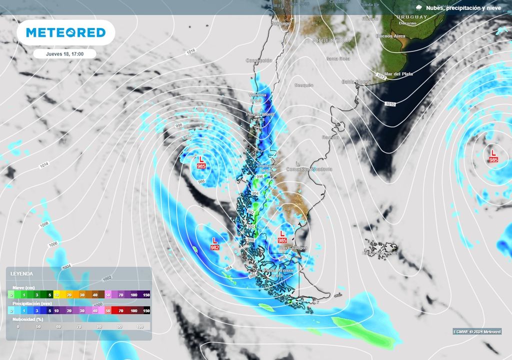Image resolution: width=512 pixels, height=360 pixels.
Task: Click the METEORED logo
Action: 65,32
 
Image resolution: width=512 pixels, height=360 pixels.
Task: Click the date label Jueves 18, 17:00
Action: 65,54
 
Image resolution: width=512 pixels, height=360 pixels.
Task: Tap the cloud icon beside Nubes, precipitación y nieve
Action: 418,7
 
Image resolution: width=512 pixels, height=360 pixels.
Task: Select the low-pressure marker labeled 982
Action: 215,243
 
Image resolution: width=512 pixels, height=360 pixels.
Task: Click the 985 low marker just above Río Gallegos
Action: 282,236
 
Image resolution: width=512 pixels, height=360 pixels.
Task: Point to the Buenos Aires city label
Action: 390,36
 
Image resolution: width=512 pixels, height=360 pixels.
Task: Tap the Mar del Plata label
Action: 398,74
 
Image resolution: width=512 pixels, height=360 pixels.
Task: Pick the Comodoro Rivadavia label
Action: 308,169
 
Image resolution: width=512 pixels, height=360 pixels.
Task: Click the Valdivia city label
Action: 258,94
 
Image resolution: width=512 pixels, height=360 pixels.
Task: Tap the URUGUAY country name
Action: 412,17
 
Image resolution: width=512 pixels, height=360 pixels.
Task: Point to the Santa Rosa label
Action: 338,58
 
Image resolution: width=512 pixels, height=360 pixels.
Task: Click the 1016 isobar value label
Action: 190,51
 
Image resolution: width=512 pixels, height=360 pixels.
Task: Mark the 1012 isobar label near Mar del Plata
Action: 381,76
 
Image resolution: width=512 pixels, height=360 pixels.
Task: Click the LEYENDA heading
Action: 22,274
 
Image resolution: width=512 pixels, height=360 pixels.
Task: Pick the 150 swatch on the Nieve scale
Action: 146,295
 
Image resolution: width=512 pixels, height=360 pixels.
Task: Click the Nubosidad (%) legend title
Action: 25,318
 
